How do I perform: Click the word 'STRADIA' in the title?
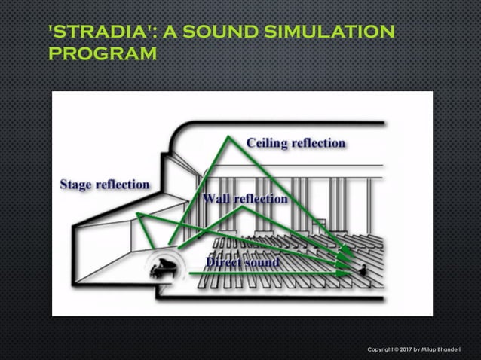[91, 32]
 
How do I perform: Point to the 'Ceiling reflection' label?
[296, 143]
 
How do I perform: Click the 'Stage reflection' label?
[104, 185]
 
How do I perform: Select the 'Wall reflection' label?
[245, 199]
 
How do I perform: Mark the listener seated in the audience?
[363, 270]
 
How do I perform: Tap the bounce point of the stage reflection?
[137, 215]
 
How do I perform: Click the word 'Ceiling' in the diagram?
[268, 143]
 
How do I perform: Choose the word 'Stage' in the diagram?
[78, 185]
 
